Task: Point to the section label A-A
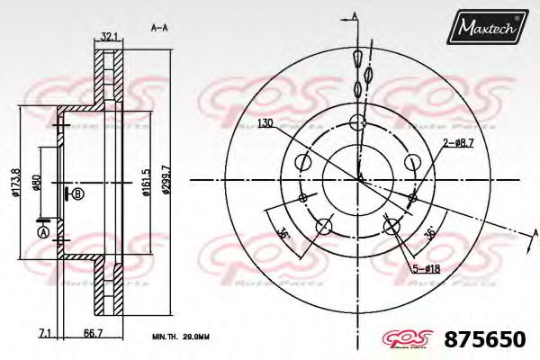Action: click(x=160, y=28)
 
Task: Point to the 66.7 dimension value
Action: click(x=92, y=333)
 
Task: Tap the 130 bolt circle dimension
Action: click(x=265, y=122)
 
